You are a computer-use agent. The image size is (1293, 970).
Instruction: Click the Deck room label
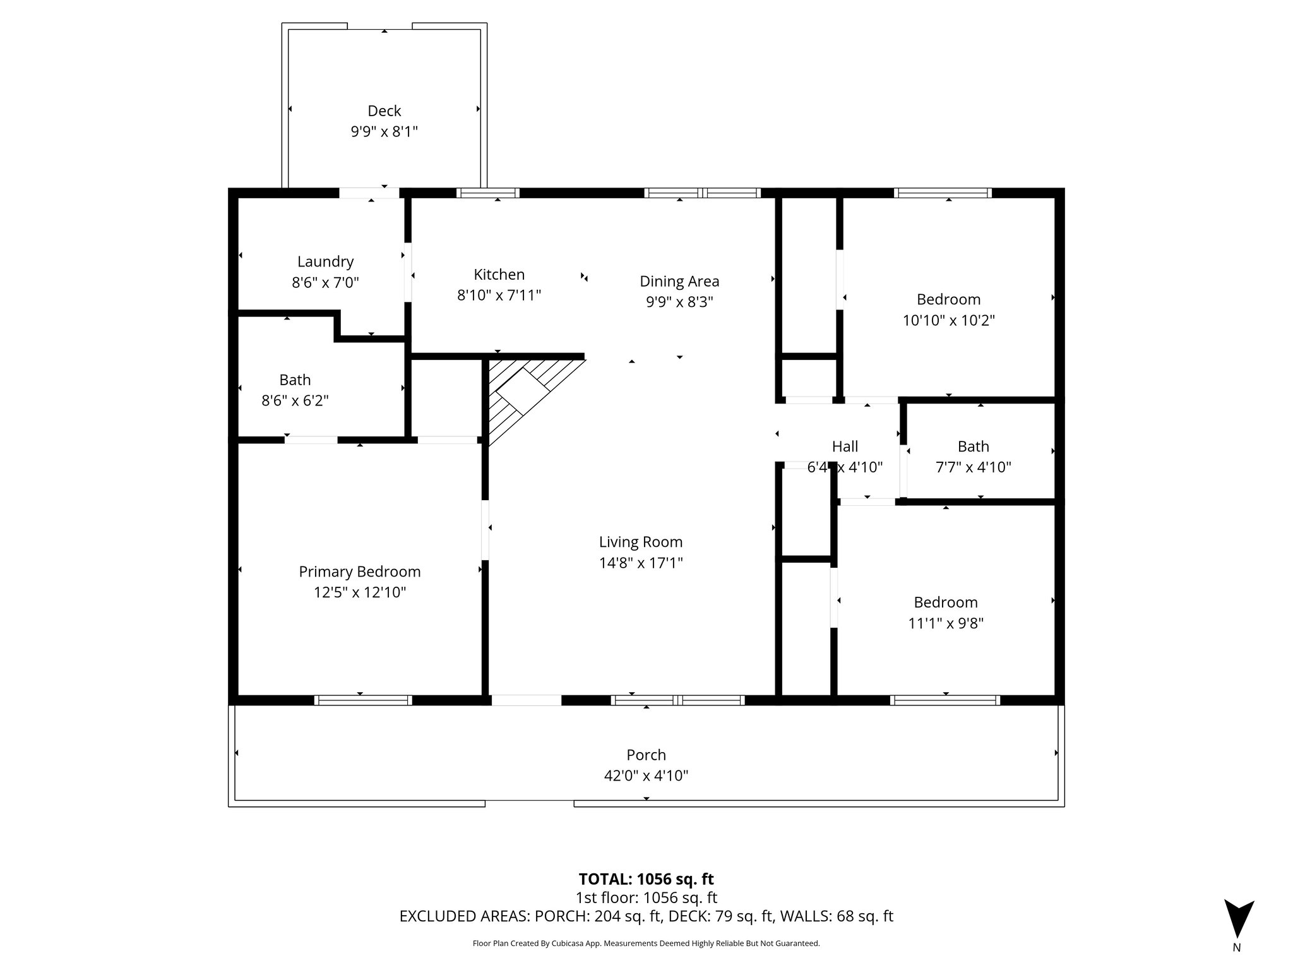coord(384,111)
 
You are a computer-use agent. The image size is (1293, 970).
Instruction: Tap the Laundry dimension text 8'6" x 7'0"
coord(325,282)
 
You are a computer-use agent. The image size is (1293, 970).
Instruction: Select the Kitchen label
coord(499,275)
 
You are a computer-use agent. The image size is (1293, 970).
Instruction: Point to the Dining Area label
coord(679,282)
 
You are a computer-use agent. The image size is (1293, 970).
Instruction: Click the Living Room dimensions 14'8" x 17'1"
coord(640,563)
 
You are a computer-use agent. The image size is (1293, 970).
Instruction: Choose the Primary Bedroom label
coord(359,572)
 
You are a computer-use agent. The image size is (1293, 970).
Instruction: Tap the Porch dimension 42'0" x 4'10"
coord(646,775)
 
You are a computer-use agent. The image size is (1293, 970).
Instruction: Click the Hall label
coord(845,446)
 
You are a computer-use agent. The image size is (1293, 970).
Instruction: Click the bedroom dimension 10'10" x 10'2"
coord(948,320)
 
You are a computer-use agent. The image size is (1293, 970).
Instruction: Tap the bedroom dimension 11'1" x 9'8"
coord(945,623)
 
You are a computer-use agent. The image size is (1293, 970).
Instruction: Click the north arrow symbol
coord(1239,918)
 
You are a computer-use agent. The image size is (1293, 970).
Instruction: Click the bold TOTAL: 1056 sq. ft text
coord(646,879)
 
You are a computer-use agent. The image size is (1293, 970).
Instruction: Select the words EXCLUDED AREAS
coord(465,916)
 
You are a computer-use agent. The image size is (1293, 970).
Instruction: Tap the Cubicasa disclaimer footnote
coord(646,943)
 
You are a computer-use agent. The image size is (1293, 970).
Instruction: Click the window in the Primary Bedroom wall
coord(363,700)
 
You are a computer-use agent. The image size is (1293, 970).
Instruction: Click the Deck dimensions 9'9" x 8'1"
coord(384,132)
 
